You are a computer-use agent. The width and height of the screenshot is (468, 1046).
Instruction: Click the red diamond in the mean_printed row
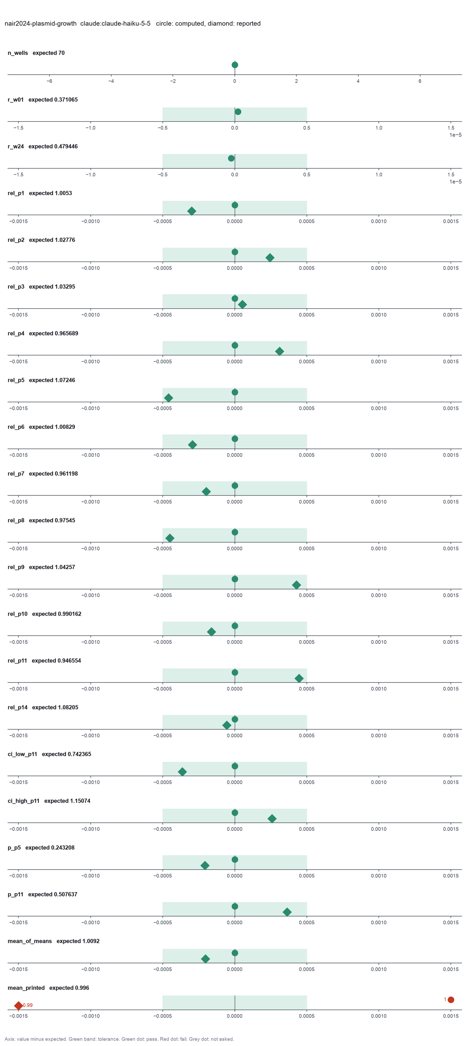pyautogui.click(x=18, y=1005)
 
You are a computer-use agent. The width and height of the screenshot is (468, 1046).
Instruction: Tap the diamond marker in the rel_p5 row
pyautogui.click(x=168, y=398)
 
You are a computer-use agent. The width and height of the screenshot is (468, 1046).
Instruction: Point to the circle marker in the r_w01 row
pyautogui.click(x=238, y=112)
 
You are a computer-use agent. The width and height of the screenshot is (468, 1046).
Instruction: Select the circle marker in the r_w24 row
pyautogui.click(x=231, y=158)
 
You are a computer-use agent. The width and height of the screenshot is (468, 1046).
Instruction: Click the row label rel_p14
pyautogui.click(x=18, y=707)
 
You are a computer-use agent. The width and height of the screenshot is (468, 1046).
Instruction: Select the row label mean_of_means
pyautogui.click(x=30, y=941)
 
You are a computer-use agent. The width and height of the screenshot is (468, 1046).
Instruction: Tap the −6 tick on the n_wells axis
pyautogui.click(x=49, y=81)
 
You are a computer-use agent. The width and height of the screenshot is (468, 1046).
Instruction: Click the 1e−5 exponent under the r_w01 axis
pyautogui.click(x=455, y=135)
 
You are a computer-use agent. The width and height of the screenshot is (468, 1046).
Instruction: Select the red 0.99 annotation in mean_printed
pyautogui.click(x=27, y=1005)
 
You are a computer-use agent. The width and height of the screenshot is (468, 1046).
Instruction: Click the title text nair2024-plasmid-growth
pyautogui.click(x=41, y=23)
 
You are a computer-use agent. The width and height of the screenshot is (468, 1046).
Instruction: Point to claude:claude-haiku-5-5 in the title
pyautogui.click(x=115, y=23)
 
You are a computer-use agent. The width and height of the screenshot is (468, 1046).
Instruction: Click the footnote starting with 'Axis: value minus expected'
pyautogui.click(x=119, y=1039)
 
